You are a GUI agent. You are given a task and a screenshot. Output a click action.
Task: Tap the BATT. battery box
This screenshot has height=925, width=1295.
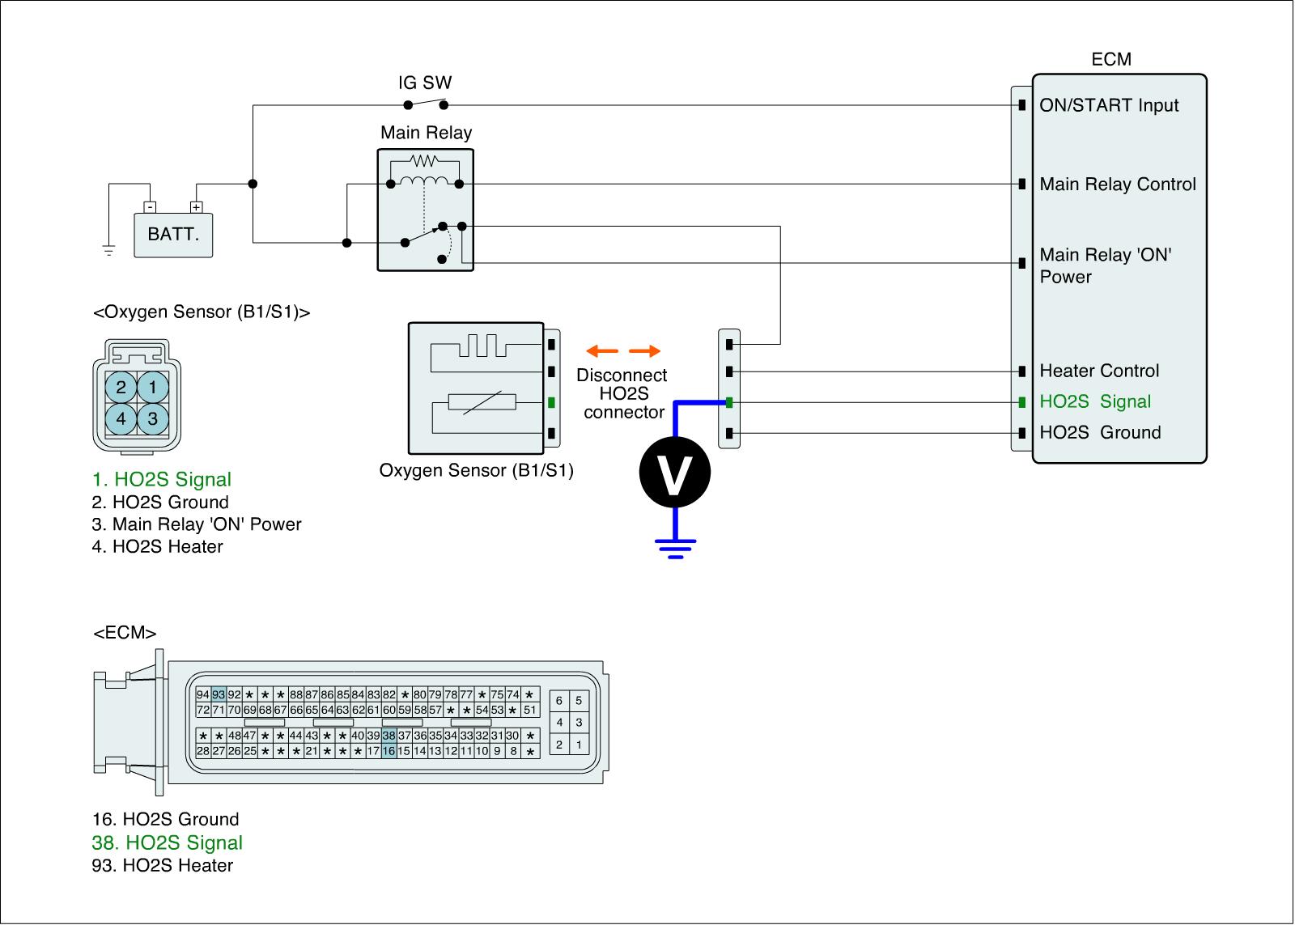pyautogui.click(x=173, y=235)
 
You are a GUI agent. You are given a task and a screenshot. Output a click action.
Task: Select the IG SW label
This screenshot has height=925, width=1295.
pyautogui.click(x=425, y=83)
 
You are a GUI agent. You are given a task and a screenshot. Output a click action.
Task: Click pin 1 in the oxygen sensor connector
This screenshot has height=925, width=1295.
pyautogui.click(x=152, y=388)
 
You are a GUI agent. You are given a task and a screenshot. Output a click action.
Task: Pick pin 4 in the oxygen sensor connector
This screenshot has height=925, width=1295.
pyautogui.click(x=121, y=419)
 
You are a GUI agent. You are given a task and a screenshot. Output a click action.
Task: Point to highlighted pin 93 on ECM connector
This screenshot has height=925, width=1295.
pyautogui.click(x=219, y=694)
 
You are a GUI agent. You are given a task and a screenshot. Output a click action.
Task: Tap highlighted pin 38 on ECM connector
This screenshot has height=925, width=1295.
pyautogui.click(x=389, y=736)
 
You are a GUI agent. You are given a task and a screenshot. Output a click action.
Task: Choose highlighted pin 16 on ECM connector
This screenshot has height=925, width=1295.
pyautogui.click(x=389, y=751)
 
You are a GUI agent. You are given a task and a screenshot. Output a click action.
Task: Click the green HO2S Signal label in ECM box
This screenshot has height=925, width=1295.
pyautogui.click(x=1095, y=402)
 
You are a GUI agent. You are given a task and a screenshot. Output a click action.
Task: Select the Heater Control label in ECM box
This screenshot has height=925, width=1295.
pyautogui.click(x=1099, y=371)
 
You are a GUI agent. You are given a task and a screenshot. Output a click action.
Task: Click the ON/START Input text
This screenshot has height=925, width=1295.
pyautogui.click(x=1109, y=105)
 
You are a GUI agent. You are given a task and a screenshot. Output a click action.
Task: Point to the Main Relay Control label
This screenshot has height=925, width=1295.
pyautogui.click(x=1118, y=185)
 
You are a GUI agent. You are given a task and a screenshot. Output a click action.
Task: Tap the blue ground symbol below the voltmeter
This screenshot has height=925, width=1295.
pyautogui.click(x=676, y=548)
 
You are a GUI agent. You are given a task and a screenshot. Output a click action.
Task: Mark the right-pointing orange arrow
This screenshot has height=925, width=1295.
pyautogui.click(x=645, y=351)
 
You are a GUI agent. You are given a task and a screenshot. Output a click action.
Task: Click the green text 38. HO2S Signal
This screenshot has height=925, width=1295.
pyautogui.click(x=168, y=842)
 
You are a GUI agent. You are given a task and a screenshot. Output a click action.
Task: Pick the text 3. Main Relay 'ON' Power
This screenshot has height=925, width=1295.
pyautogui.click(x=197, y=524)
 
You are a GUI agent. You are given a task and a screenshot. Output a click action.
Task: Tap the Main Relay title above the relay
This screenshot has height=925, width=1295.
pyautogui.click(x=426, y=133)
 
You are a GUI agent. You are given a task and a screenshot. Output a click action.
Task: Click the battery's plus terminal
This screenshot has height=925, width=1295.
pyautogui.click(x=196, y=207)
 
